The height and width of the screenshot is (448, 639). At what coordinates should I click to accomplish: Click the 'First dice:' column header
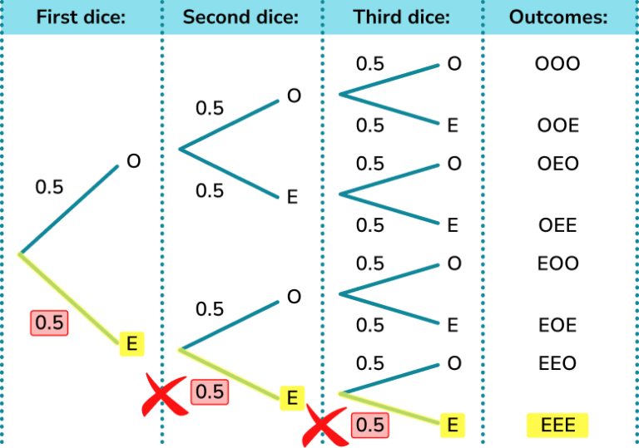(x=81, y=17)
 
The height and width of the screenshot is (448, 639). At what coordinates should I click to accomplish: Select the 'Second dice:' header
(x=240, y=17)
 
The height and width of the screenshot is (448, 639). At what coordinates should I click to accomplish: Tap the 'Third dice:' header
(x=401, y=17)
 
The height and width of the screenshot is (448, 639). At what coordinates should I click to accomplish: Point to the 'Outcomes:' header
(x=558, y=17)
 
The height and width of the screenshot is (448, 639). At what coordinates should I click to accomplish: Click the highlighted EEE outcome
(x=557, y=426)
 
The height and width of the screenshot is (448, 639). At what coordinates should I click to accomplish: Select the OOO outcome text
(x=557, y=64)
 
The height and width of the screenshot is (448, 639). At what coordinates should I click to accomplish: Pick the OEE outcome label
(x=557, y=226)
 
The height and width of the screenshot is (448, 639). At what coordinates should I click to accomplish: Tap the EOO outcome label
(x=557, y=263)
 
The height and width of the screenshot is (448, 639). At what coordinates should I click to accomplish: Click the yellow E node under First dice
(x=131, y=342)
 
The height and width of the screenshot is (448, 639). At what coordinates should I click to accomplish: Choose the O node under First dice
(x=133, y=161)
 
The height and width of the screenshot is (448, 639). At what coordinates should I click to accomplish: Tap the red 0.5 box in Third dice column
(x=369, y=425)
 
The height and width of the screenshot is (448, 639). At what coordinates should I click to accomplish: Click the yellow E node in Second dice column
(x=291, y=398)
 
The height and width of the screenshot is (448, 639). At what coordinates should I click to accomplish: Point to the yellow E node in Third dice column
(x=453, y=426)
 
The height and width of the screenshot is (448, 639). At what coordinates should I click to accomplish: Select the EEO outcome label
(x=557, y=364)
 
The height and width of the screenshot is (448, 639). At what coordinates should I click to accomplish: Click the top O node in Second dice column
(x=294, y=96)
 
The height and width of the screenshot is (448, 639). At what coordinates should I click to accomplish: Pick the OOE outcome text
(x=557, y=126)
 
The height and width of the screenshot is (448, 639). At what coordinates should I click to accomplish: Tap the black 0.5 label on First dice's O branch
(x=49, y=188)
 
